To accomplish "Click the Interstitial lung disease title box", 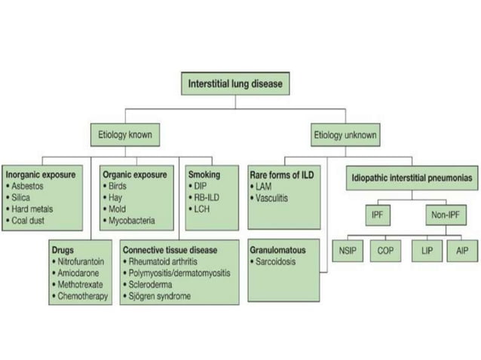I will pos(235,84).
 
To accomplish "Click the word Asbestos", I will pos(30,186).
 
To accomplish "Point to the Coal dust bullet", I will pos(32,221).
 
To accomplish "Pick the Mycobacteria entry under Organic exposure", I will pos(131,221).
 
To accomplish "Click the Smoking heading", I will pos(204,175).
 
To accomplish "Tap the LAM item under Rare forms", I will pos(265,186).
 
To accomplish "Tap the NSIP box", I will pos(348,251).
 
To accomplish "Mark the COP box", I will pos(385,251).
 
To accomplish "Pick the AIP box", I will pos(461,251).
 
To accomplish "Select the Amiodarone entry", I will pos(80,273).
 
